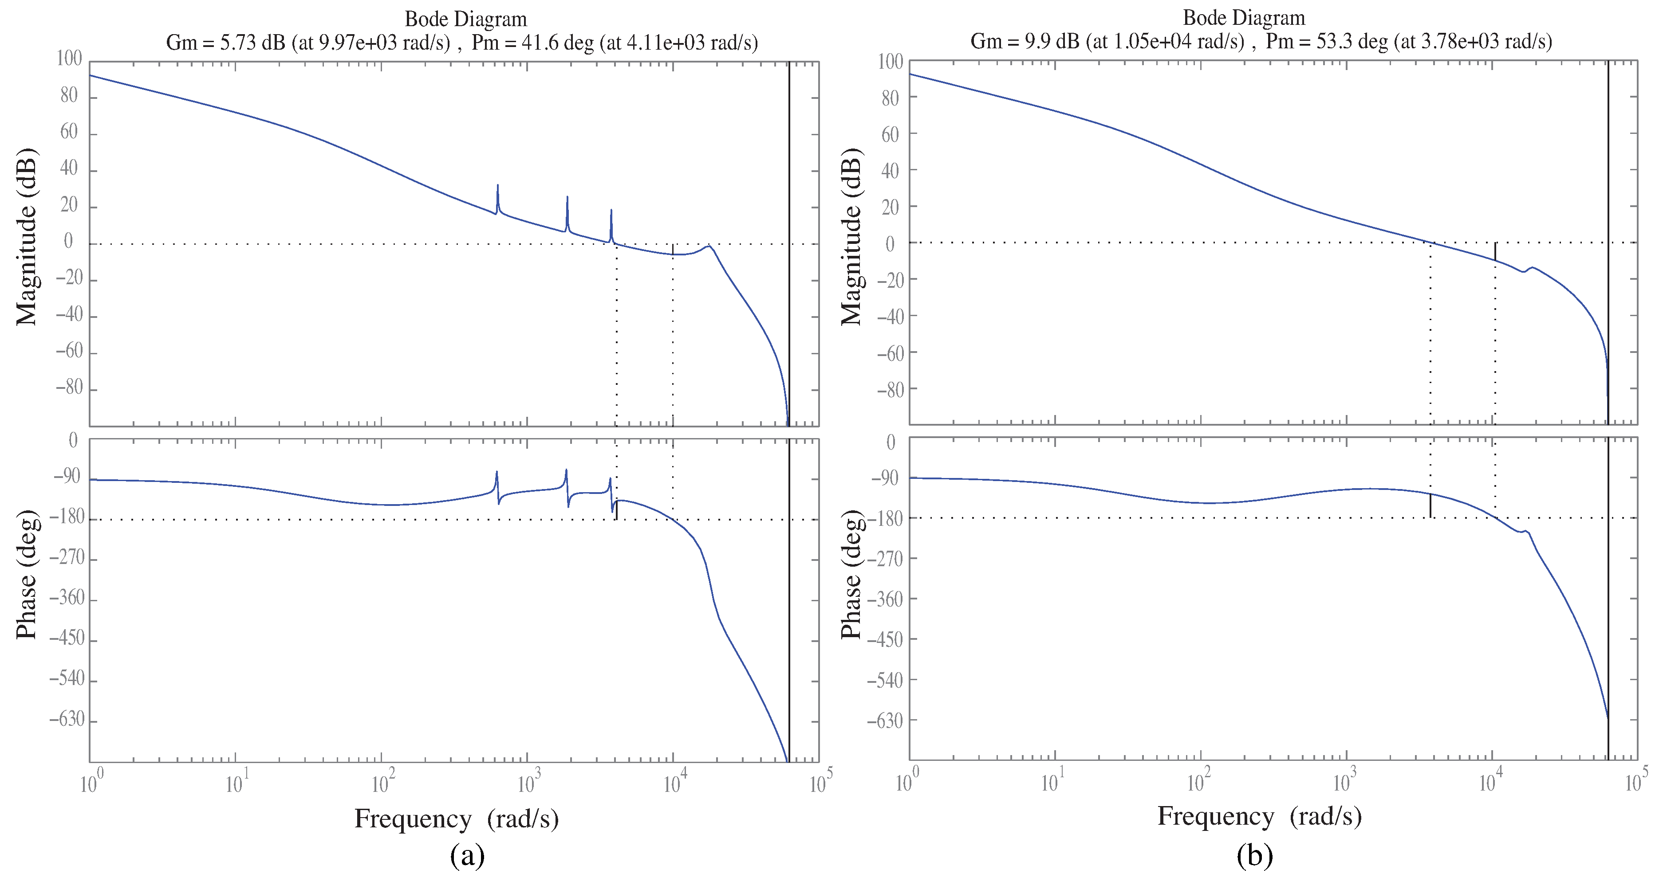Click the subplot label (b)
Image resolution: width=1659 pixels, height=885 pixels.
tap(1254, 855)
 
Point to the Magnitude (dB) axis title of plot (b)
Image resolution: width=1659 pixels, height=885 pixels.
tap(851, 237)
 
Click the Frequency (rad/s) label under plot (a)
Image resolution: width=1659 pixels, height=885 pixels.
tap(456, 818)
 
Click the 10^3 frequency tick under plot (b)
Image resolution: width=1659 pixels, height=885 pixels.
tap(1345, 782)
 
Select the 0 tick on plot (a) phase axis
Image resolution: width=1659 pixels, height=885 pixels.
tap(73, 441)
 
